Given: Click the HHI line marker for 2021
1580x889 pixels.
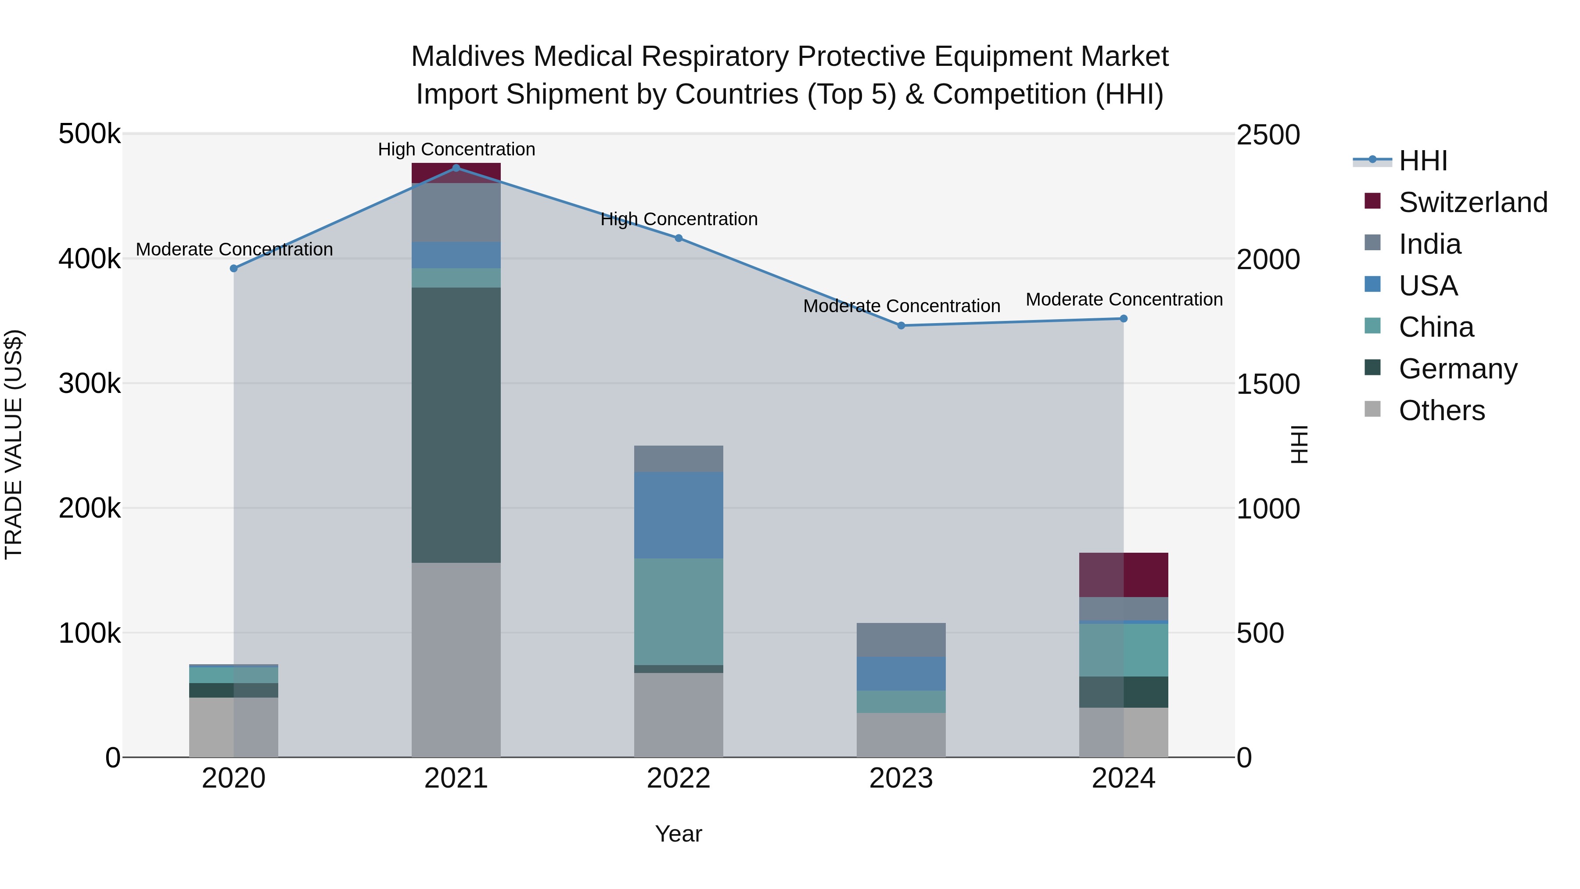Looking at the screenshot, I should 456,168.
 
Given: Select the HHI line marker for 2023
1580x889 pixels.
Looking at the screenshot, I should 901,326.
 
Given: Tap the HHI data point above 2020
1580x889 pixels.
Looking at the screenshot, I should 233,268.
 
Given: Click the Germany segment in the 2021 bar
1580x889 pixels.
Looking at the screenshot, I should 456,425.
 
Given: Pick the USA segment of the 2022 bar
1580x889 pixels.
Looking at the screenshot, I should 679,515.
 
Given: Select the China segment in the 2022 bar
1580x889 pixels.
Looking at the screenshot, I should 679,611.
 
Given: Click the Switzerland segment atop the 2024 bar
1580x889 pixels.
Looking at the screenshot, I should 1124,574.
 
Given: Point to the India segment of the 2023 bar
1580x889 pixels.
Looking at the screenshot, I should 901,640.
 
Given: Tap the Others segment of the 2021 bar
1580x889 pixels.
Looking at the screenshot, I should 456,659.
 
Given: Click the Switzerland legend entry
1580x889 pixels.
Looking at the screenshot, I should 1472,202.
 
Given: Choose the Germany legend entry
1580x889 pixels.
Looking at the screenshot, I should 1457,369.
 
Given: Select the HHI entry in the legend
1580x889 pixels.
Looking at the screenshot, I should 1423,161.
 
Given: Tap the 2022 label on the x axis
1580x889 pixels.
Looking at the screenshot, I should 679,778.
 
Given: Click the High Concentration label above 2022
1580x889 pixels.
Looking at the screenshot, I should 679,219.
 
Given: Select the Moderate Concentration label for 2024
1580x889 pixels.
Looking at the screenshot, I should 1124,299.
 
